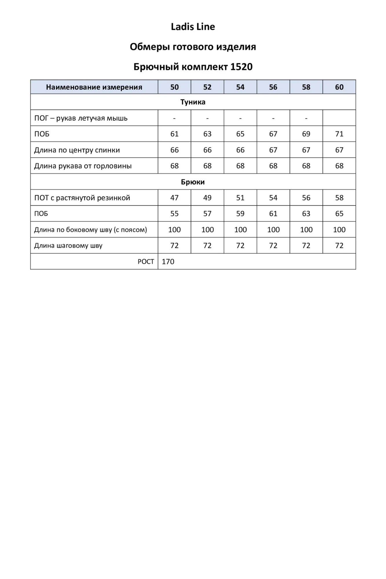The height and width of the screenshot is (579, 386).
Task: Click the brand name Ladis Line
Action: click(x=193, y=27)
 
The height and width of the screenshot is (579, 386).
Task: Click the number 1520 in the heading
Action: click(x=242, y=67)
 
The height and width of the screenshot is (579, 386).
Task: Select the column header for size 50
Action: click(x=174, y=87)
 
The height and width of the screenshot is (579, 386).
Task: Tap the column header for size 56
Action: click(x=273, y=87)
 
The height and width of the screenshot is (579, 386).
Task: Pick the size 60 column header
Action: click(x=339, y=87)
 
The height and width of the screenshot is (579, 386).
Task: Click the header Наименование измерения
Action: click(x=94, y=87)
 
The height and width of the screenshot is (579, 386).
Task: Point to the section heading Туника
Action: click(x=193, y=102)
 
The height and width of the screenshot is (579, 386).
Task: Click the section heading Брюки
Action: click(x=193, y=182)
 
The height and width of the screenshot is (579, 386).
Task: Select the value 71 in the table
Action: click(x=339, y=134)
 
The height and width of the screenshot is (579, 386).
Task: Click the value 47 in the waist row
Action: click(x=174, y=198)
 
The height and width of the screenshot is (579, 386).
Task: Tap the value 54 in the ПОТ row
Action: click(x=273, y=198)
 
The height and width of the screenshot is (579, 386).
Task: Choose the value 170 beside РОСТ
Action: click(x=168, y=262)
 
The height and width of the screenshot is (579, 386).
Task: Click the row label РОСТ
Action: click(x=146, y=262)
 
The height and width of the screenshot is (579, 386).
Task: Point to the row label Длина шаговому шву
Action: click(x=68, y=246)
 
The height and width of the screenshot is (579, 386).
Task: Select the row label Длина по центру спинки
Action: click(x=77, y=150)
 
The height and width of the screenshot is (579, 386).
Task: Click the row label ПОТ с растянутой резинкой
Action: click(x=82, y=198)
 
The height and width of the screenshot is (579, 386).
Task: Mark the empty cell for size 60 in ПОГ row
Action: click(x=339, y=118)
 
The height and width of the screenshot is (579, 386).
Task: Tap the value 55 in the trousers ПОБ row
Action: click(x=174, y=214)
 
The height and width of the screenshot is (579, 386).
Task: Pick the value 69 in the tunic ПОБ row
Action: click(x=306, y=134)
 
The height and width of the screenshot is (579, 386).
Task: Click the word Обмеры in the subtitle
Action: click(x=150, y=47)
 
